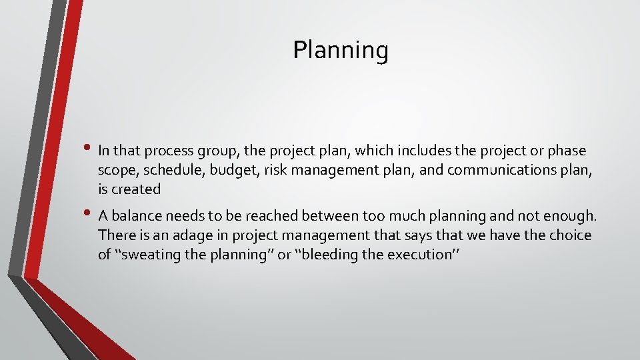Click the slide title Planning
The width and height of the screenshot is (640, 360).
pos(341,50)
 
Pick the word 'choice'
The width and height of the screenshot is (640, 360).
pos(567,235)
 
